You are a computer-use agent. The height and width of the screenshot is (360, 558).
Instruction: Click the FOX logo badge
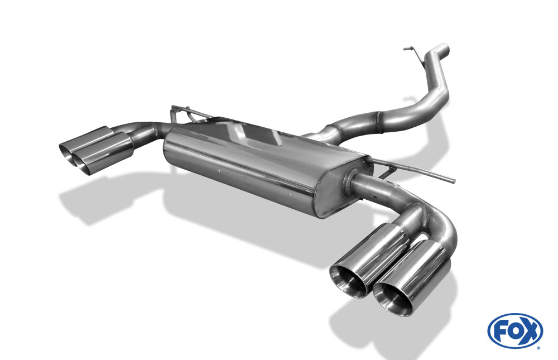click(515, 331)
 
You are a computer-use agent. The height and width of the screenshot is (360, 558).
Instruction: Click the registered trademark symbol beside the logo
click(539, 348)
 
